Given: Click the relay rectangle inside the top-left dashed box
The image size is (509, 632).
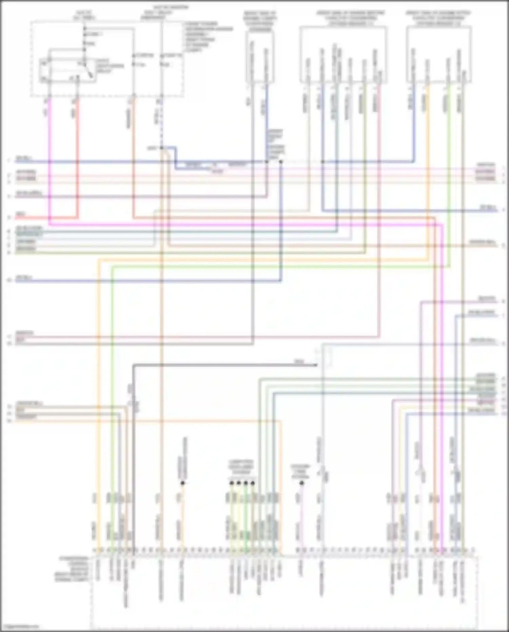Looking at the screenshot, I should [x=67, y=70].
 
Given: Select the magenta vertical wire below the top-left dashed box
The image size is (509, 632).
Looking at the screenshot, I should [x=50, y=153].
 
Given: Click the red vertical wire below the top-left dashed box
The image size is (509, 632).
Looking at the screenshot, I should [x=78, y=153].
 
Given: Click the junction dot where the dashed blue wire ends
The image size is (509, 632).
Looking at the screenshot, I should [x=162, y=148].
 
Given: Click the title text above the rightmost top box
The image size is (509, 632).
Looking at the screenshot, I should [x=438, y=18].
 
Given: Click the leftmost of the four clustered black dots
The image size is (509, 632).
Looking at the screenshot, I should [x=231, y=483].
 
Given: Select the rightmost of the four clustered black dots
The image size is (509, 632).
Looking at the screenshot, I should [x=253, y=483].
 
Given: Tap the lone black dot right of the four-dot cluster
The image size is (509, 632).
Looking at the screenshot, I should [x=302, y=483].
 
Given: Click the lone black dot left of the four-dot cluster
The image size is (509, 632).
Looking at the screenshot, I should [x=183, y=483].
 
